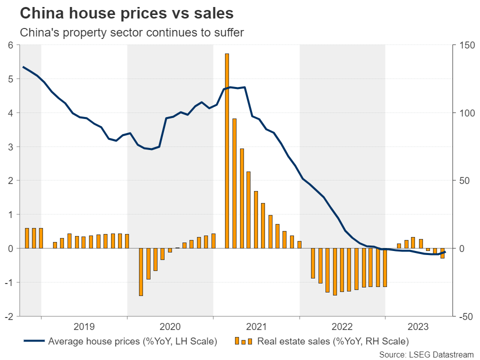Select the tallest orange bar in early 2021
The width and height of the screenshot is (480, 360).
(227, 150)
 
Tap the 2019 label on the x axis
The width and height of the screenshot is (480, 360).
(84, 327)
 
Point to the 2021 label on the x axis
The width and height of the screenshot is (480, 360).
(256, 327)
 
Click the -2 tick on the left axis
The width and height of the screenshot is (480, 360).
(8, 316)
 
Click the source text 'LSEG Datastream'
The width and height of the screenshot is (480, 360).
(426, 354)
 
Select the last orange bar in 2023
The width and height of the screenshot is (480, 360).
(442, 253)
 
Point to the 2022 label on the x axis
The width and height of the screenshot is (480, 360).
(342, 327)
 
